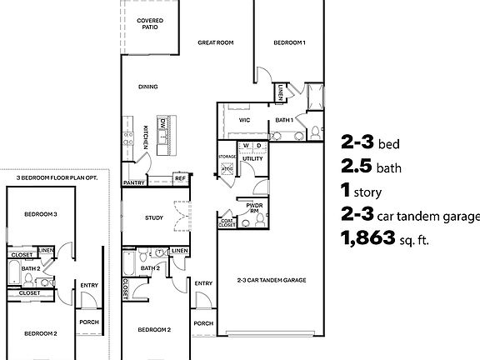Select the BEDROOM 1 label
click(x=289, y=42)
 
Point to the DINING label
click(x=148, y=86)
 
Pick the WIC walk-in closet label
click(x=244, y=120)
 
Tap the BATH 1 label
click(x=284, y=120)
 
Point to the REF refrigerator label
click(x=179, y=177)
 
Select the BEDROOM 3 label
click(x=40, y=214)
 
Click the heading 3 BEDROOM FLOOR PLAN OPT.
click(x=57, y=177)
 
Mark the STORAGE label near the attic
click(x=227, y=157)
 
